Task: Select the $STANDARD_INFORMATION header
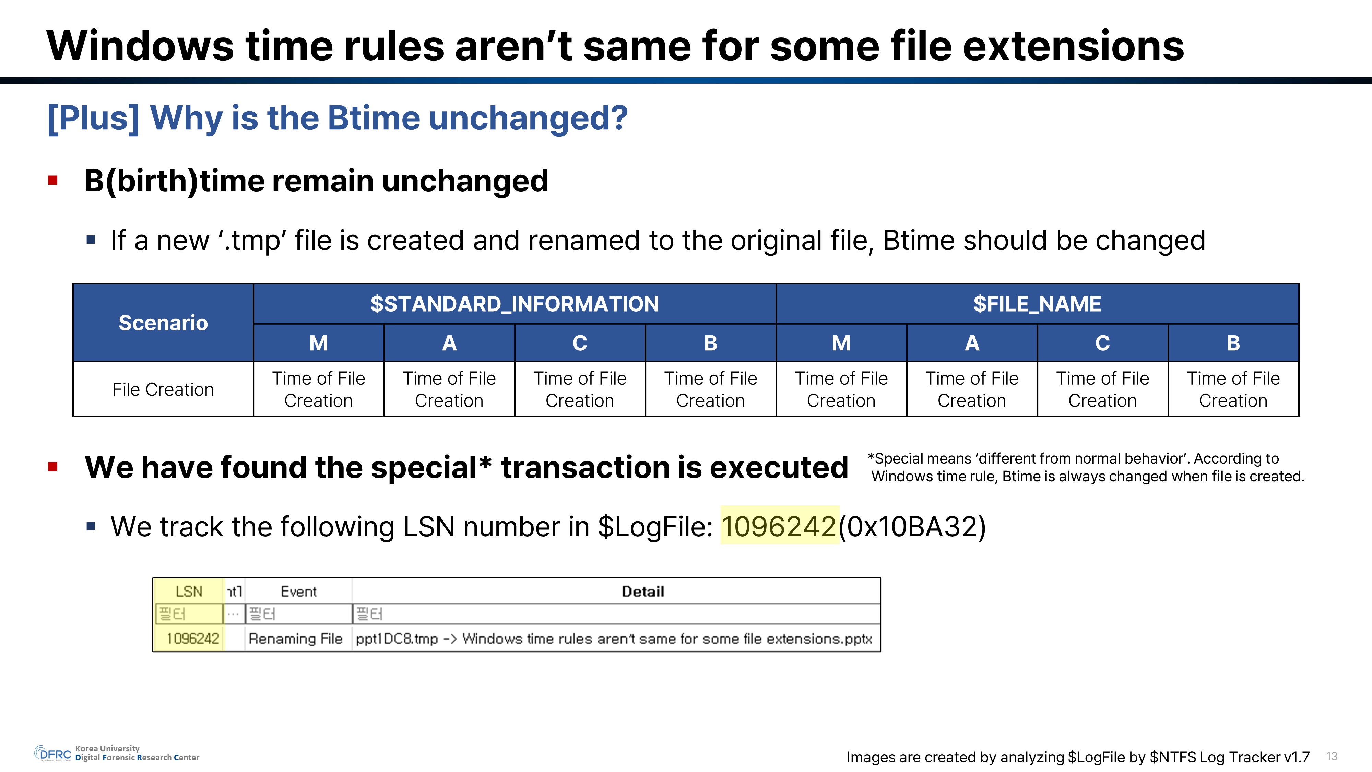click(x=514, y=304)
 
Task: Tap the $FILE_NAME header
click(x=1037, y=304)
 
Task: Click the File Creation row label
click(x=163, y=389)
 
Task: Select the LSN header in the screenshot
click(x=189, y=592)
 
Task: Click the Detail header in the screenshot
click(x=643, y=592)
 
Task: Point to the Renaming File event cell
click(x=296, y=638)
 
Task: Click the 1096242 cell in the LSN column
click(x=193, y=638)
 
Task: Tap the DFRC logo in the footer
click(x=53, y=753)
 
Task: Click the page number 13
click(x=1332, y=756)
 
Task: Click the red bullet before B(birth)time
click(x=53, y=180)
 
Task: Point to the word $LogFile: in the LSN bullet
click(x=655, y=526)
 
